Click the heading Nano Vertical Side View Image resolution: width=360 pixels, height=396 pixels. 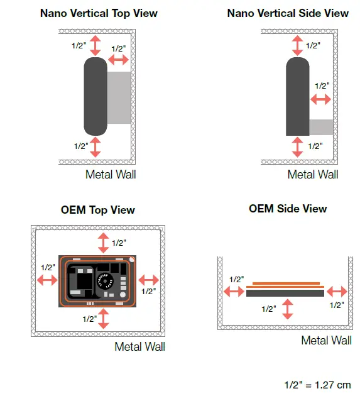(288, 13)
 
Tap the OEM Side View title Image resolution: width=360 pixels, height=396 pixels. (288, 209)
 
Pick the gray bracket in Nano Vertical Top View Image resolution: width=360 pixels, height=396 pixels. (120, 97)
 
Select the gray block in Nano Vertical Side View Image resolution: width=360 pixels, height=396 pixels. (321, 128)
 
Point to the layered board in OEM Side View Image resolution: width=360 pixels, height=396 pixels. (286, 289)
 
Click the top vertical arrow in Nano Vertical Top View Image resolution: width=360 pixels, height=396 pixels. (95, 45)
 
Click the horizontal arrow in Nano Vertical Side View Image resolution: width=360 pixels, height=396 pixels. (321, 99)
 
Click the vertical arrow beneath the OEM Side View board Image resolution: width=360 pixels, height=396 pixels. (288, 309)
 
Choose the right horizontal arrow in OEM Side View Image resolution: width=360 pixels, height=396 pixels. (337, 291)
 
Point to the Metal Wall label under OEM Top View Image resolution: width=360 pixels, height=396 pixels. (139, 346)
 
